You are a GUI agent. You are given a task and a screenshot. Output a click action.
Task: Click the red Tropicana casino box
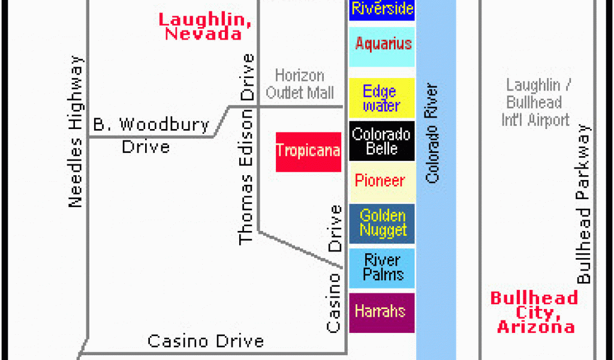pos(308,152)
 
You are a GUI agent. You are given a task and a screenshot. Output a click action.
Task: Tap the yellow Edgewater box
pos(382,98)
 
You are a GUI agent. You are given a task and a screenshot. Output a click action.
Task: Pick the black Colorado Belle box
pos(382,141)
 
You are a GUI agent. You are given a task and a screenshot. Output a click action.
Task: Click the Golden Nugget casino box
pos(382,223)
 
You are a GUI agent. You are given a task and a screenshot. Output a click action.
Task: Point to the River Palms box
pos(382,268)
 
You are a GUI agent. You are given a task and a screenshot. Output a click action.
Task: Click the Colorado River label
pos(432,133)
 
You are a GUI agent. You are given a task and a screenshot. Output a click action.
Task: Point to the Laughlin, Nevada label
pos(204,26)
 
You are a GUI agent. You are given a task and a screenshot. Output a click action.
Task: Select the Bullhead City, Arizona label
pos(532,312)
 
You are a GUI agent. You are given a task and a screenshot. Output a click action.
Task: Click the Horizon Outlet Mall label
pos(300,84)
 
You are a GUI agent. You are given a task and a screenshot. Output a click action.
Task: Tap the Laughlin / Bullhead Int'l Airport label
pos(535,103)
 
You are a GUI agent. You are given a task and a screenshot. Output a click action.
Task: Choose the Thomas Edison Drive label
pos(247,149)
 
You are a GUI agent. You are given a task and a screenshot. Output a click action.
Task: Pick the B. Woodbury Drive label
pos(150,135)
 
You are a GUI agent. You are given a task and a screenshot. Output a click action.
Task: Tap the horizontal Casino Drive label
pos(206,341)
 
